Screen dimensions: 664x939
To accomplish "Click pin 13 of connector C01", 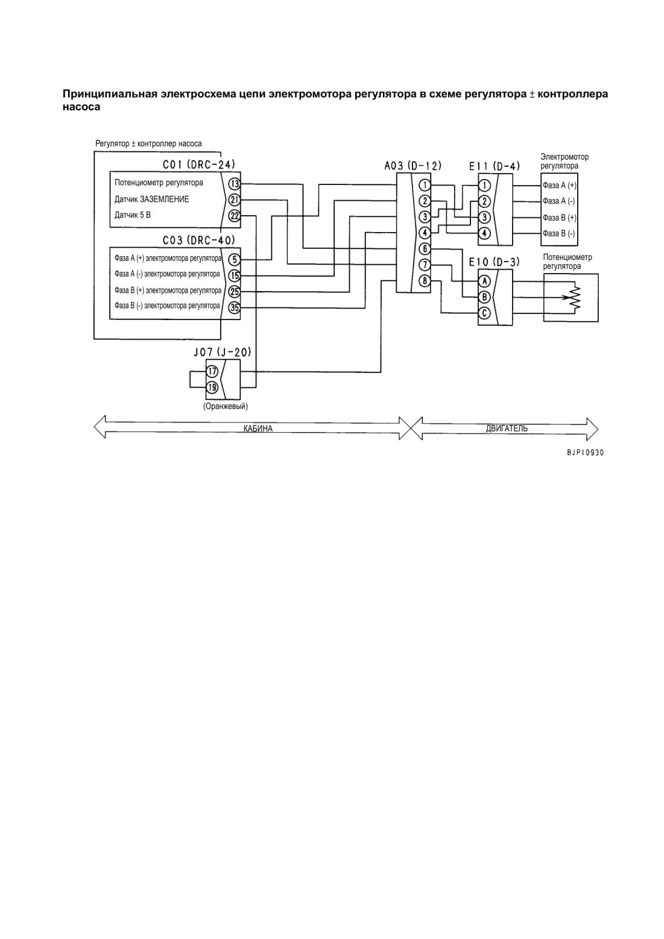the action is click(235, 184).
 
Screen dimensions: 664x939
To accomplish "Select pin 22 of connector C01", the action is click(235, 216).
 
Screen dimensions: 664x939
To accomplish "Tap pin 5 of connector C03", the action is click(235, 260).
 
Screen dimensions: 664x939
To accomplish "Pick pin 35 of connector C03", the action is click(235, 308).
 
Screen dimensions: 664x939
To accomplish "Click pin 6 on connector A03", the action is click(425, 249).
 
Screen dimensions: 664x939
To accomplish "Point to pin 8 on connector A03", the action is click(425, 281).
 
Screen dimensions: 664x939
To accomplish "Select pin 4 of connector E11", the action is click(484, 233).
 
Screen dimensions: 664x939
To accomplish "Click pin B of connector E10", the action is click(484, 297).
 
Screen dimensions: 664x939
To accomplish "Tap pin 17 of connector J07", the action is click(212, 371).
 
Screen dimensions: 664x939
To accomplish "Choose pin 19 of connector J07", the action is click(212, 388).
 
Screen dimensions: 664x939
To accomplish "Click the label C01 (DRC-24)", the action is click(199, 165).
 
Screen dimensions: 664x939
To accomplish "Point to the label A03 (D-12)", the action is click(413, 166).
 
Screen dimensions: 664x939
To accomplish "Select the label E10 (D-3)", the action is click(494, 262).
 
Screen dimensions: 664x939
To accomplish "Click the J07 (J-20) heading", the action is click(223, 352).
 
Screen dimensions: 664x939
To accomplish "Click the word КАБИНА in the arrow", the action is click(258, 429).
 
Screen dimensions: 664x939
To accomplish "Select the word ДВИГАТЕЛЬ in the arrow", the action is click(506, 429).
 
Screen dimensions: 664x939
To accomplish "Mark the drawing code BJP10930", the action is click(585, 453).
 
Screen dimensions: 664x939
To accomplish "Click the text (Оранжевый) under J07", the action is click(225, 406).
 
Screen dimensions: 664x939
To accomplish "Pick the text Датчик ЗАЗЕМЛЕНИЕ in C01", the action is click(152, 199).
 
